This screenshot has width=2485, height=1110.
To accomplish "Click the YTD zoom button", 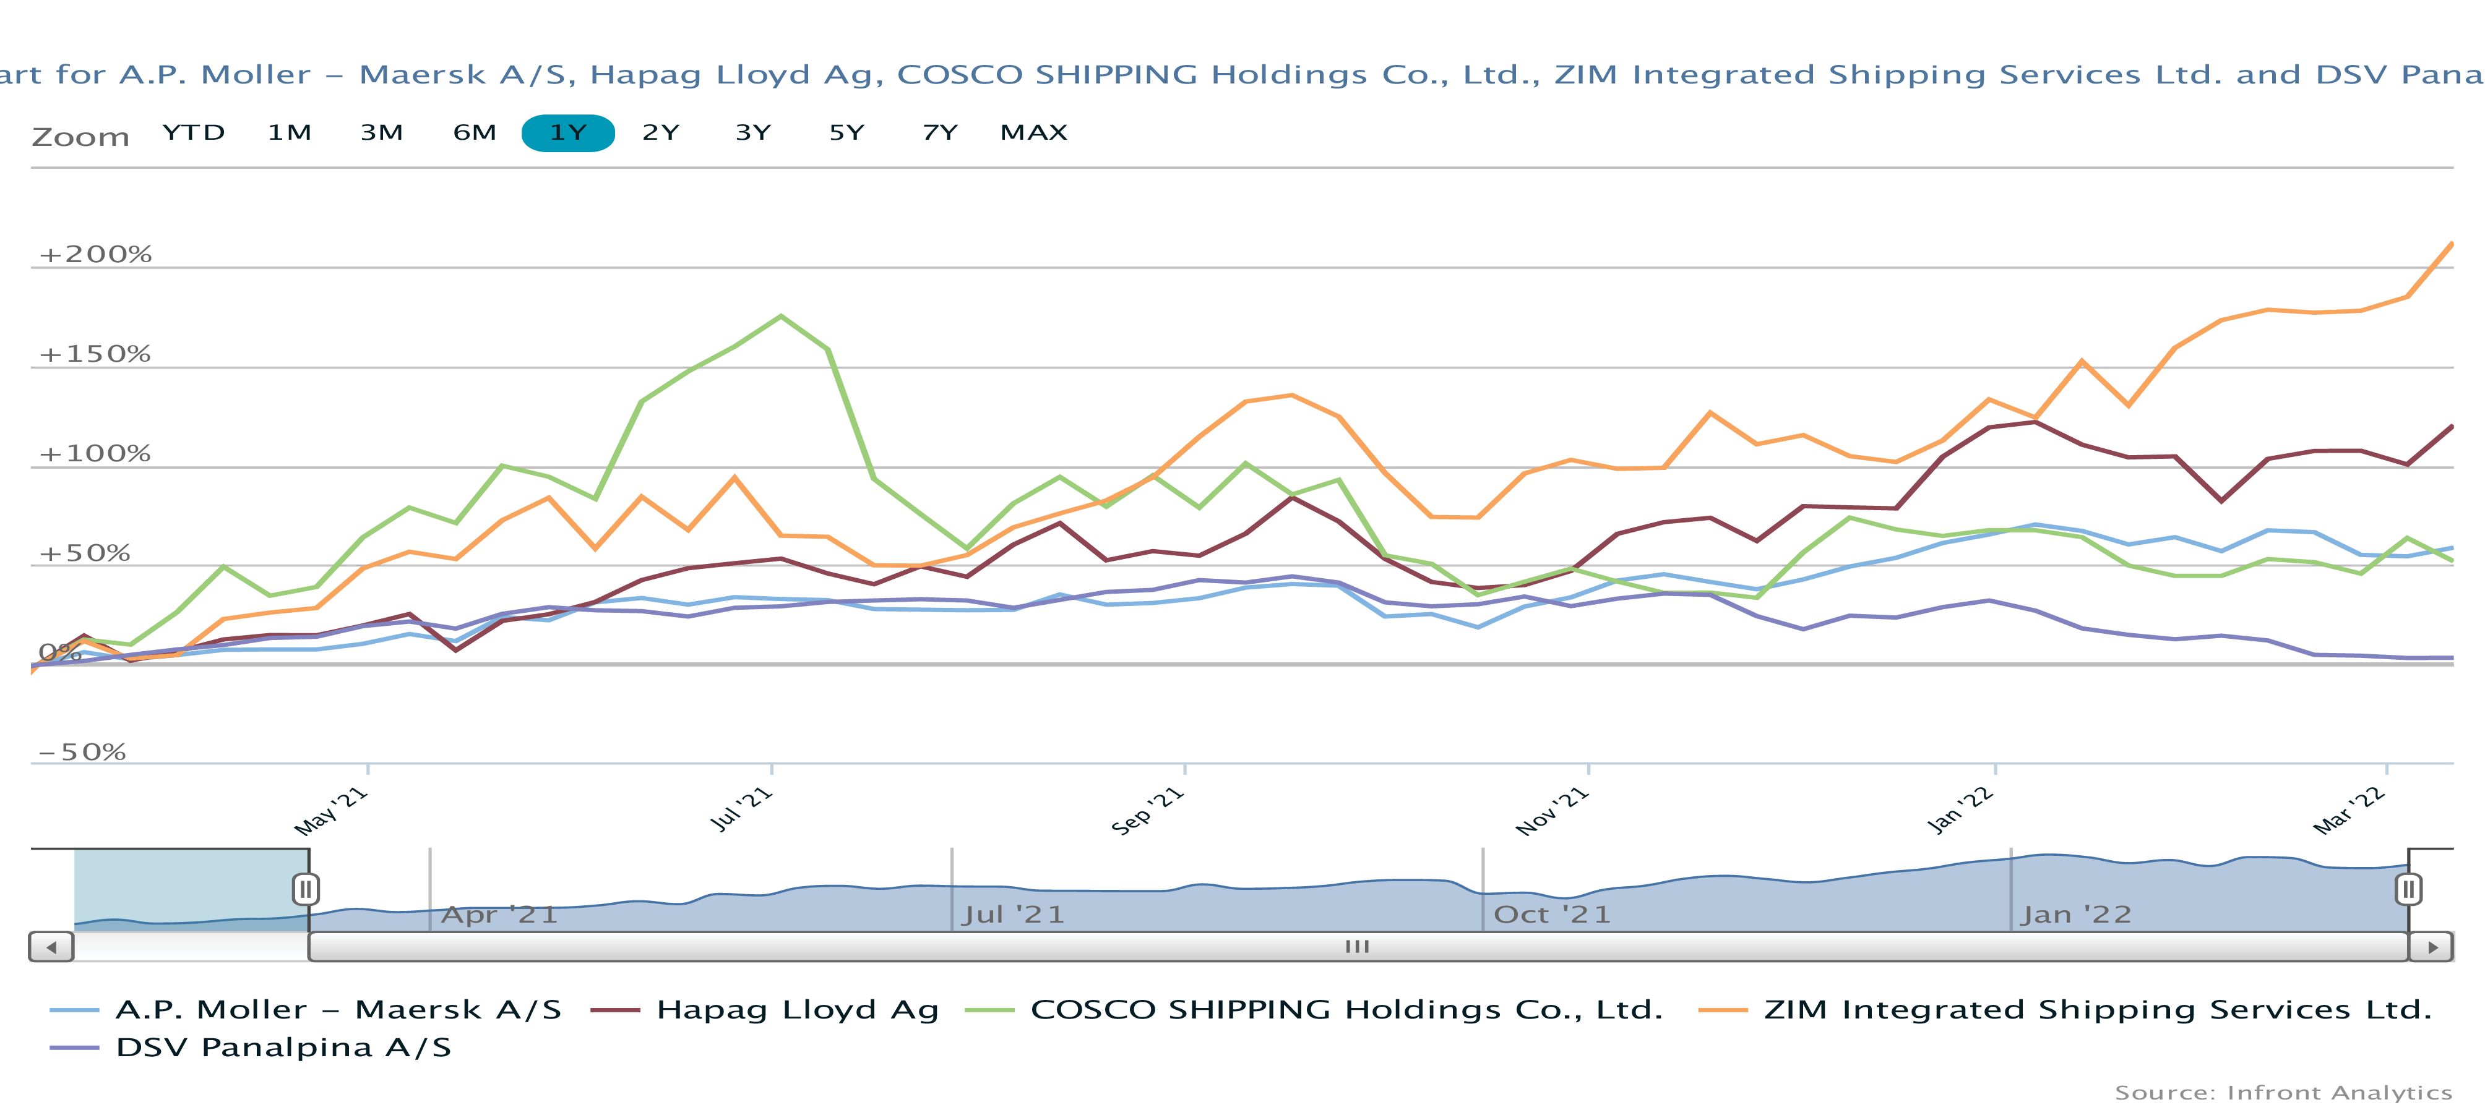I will (194, 132).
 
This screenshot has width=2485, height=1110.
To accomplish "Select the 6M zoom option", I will (475, 132).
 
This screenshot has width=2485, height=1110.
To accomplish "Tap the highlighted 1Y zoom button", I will (568, 133).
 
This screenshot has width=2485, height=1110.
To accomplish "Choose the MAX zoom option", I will (1033, 132).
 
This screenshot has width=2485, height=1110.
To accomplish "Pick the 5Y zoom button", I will (846, 132).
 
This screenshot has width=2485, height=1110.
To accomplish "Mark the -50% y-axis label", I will (82, 752).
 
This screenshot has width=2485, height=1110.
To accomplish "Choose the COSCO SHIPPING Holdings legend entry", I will (1346, 1010).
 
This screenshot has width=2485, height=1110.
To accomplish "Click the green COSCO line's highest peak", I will (780, 317).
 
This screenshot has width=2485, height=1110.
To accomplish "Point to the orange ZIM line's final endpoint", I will (2451, 244).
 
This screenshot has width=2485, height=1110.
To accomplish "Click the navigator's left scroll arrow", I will (52, 947).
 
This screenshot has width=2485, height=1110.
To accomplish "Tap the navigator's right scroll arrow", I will (2432, 947).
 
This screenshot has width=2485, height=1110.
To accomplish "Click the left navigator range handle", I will (306, 888).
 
